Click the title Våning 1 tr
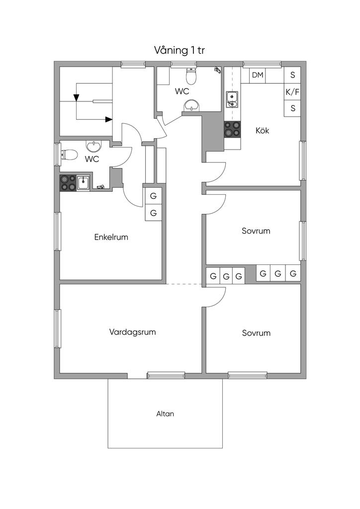[179, 50]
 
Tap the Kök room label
[262, 131]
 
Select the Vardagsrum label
[132, 332]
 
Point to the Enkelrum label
[111, 237]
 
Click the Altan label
[165, 414]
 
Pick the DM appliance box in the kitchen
[258, 76]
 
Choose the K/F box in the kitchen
[292, 92]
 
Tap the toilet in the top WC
[191, 76]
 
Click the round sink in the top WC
[191, 106]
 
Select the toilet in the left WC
[69, 155]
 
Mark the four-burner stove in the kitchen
[232, 129]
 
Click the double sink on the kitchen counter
[232, 99]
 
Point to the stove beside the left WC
[68, 183]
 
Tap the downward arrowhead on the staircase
[76, 97]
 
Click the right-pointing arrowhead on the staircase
[109, 119]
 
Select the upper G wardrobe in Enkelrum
[153, 196]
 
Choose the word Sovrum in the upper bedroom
[256, 231]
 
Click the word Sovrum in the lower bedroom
[256, 333]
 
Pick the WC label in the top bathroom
[182, 91]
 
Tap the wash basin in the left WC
[94, 146]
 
